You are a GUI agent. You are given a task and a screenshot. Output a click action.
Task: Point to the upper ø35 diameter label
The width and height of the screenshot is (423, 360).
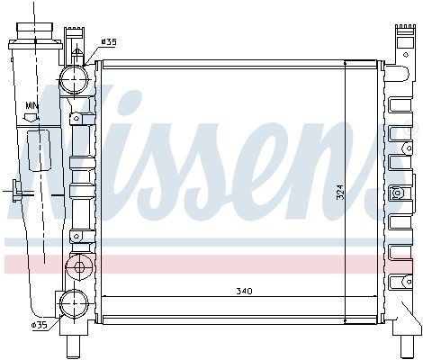[x=108, y=41]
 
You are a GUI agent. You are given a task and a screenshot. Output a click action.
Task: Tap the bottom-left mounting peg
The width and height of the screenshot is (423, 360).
[x=73, y=347]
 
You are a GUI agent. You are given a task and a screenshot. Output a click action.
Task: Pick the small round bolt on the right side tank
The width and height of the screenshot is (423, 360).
[x=397, y=193]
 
